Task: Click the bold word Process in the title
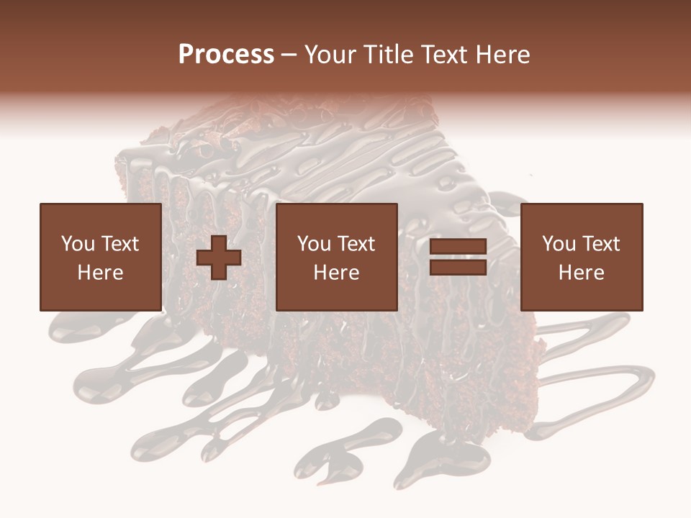226,55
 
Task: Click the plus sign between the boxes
219,258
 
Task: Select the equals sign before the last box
458,258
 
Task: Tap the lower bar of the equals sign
458,267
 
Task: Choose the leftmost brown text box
100,258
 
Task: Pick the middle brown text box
336,258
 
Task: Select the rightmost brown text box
581,258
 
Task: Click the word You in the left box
77,244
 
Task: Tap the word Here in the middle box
336,273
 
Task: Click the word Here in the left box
100,273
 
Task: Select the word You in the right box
559,244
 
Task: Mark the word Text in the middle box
356,244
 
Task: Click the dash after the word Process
289,55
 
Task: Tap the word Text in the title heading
442,55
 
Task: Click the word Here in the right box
581,273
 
